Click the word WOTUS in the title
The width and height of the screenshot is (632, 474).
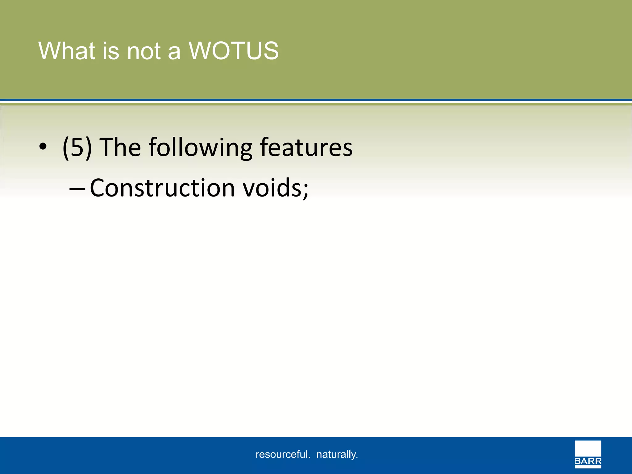pyautogui.click(x=234, y=51)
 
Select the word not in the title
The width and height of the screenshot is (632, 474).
pyautogui.click(x=144, y=51)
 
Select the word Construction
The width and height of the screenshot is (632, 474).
pyautogui.click(x=162, y=188)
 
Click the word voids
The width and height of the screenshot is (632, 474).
pyautogui.click(x=272, y=188)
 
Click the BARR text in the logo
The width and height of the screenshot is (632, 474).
pyautogui.click(x=588, y=462)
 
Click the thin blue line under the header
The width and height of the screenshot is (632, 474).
pyautogui.click(x=316, y=100)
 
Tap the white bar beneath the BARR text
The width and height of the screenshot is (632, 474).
pyautogui.click(x=588, y=467)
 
